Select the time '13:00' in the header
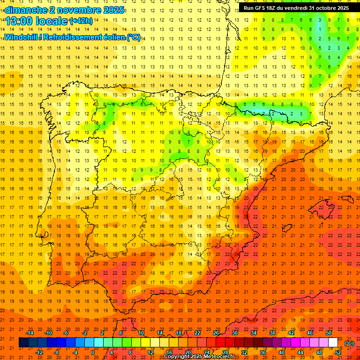pyautogui.click(x=19, y=21)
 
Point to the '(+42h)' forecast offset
pyautogui.click(x=81, y=21)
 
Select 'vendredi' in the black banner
pyautogui.click(x=293, y=8)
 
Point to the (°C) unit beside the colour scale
pyautogui.click(x=349, y=343)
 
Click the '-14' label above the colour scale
pyautogui.click(x=30, y=333)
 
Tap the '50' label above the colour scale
pyautogui.click(x=329, y=333)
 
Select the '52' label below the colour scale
pyautogui.click(x=338, y=352)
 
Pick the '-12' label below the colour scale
pyautogui.click(x=39, y=352)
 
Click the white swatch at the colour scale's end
pyautogui.click(x=333, y=343)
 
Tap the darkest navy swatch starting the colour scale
pyautogui.click(x=23, y=343)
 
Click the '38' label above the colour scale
pyautogui.click(x=272, y=333)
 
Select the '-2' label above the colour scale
pyautogui.click(x=85, y=333)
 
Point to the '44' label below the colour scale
pyautogui.click(x=300, y=352)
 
